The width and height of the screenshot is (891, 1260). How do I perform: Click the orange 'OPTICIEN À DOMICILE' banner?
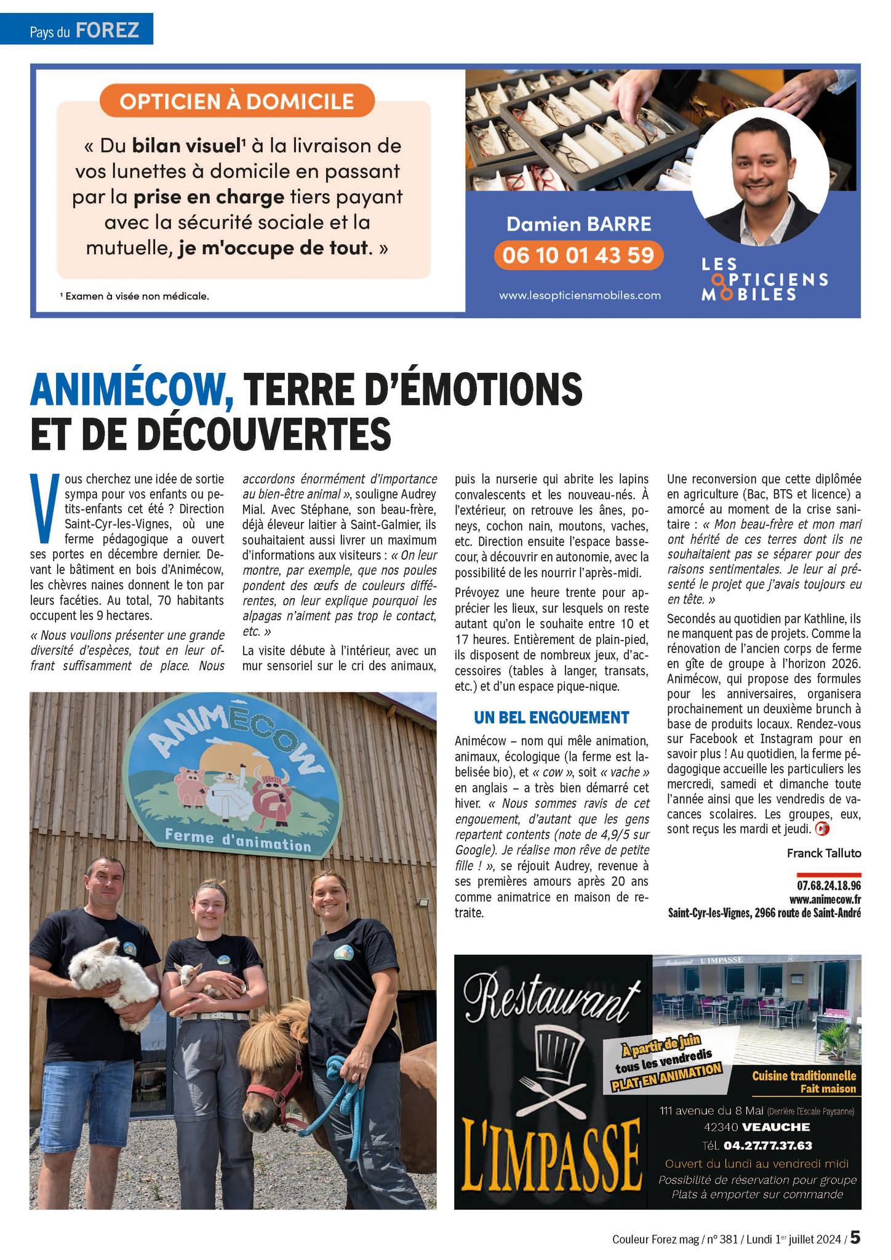[237, 101]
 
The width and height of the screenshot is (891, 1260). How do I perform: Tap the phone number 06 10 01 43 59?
[578, 255]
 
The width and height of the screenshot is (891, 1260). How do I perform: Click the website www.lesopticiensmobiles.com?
[580, 295]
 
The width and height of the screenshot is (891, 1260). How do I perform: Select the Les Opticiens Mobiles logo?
[764, 279]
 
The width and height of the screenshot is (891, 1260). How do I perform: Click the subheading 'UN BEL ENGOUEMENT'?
[551, 717]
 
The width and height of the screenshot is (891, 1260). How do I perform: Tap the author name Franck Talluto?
[823, 853]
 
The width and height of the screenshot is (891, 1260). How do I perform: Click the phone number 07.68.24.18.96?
[828, 886]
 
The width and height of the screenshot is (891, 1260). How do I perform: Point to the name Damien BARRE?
[578, 224]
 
